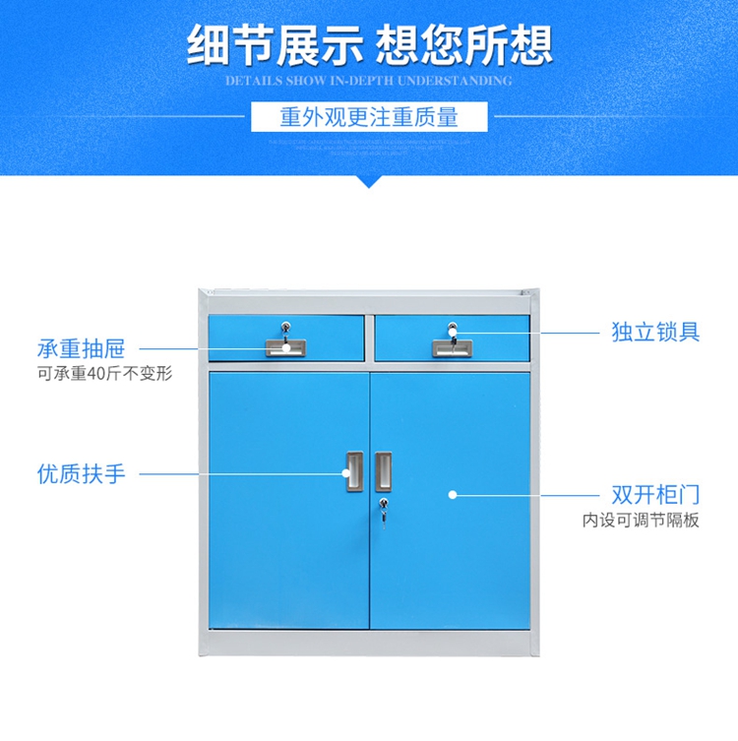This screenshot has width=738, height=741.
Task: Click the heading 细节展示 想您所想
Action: (x=369, y=44)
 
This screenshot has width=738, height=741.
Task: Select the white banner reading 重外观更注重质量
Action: (x=369, y=117)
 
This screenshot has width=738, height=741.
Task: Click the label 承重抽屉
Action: (x=82, y=349)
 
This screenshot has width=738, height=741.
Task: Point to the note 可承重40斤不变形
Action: (x=97, y=374)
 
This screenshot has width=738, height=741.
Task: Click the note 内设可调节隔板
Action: (x=640, y=520)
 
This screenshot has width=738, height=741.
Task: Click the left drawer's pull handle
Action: (x=285, y=347)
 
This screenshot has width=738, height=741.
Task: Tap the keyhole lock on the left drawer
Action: (x=285, y=329)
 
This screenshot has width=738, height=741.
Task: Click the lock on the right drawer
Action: (x=453, y=329)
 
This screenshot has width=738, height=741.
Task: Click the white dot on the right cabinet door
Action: (x=452, y=494)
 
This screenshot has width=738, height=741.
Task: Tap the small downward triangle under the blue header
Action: (x=369, y=181)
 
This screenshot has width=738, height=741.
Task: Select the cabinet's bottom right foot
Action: (x=532, y=652)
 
